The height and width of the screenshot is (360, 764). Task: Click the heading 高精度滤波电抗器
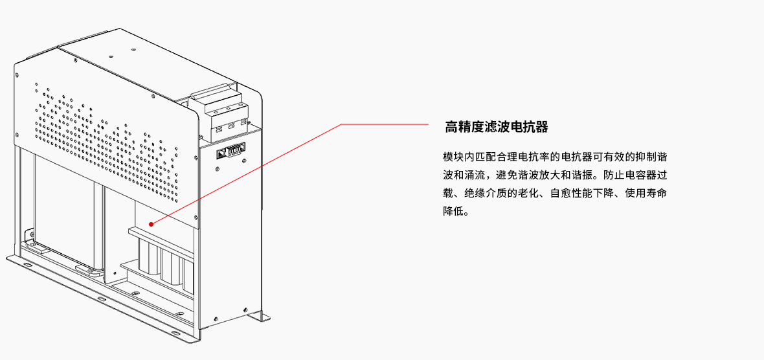coord(497,127)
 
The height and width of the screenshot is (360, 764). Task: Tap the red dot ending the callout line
coord(153,222)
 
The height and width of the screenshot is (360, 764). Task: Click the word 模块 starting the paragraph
coord(455,157)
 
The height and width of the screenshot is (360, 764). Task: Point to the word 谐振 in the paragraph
coord(583,175)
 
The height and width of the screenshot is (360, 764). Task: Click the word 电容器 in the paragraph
coord(641,175)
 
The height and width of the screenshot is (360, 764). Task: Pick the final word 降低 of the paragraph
coord(454,212)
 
